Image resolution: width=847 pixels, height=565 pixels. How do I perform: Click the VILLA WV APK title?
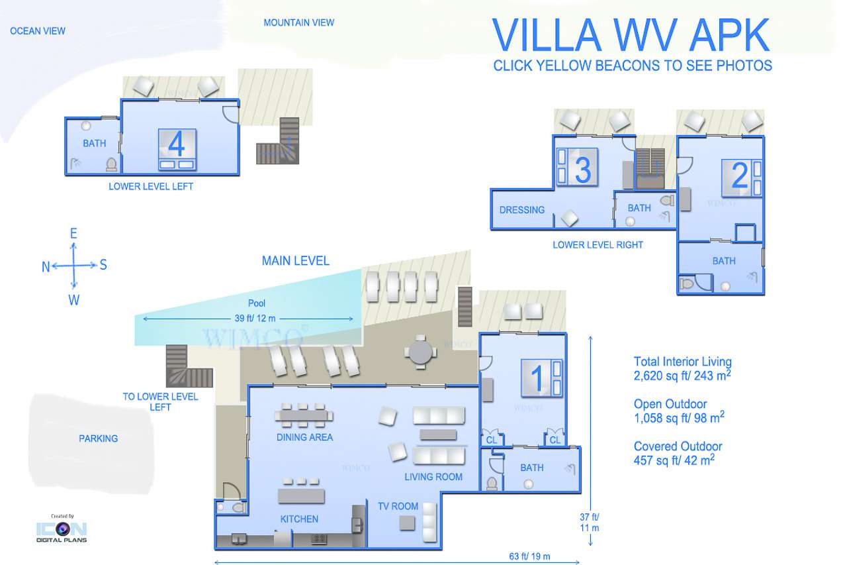coord(631,35)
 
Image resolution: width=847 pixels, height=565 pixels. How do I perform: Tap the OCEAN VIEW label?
coord(38,31)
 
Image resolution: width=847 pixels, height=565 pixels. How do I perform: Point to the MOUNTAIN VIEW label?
coord(298,23)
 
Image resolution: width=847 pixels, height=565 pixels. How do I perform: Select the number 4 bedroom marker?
coord(176,144)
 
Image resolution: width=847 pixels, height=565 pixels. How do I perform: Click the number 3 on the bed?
coord(583,170)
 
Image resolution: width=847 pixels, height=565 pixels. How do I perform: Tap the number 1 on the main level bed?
coord(537,378)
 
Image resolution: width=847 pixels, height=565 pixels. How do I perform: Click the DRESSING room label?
coord(522,210)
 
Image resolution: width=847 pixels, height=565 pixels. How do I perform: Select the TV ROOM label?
coord(398,506)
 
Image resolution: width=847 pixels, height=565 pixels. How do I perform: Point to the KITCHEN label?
coord(299,519)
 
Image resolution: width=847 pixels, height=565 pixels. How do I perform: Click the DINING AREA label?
coord(304,437)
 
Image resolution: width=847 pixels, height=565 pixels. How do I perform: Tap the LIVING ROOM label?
coord(433,477)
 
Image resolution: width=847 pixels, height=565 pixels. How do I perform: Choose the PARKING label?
coord(99,438)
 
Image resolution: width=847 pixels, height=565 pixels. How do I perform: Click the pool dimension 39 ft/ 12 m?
coord(255,318)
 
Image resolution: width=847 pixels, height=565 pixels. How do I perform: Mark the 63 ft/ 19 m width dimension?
coord(529,556)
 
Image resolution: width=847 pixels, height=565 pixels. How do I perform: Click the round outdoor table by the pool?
coord(420,352)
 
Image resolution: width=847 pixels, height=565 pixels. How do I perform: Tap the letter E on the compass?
coord(73,233)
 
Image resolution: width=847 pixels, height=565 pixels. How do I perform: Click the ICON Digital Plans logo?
coord(62,529)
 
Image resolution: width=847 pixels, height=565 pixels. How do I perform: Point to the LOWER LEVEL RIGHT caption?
coord(598,245)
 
